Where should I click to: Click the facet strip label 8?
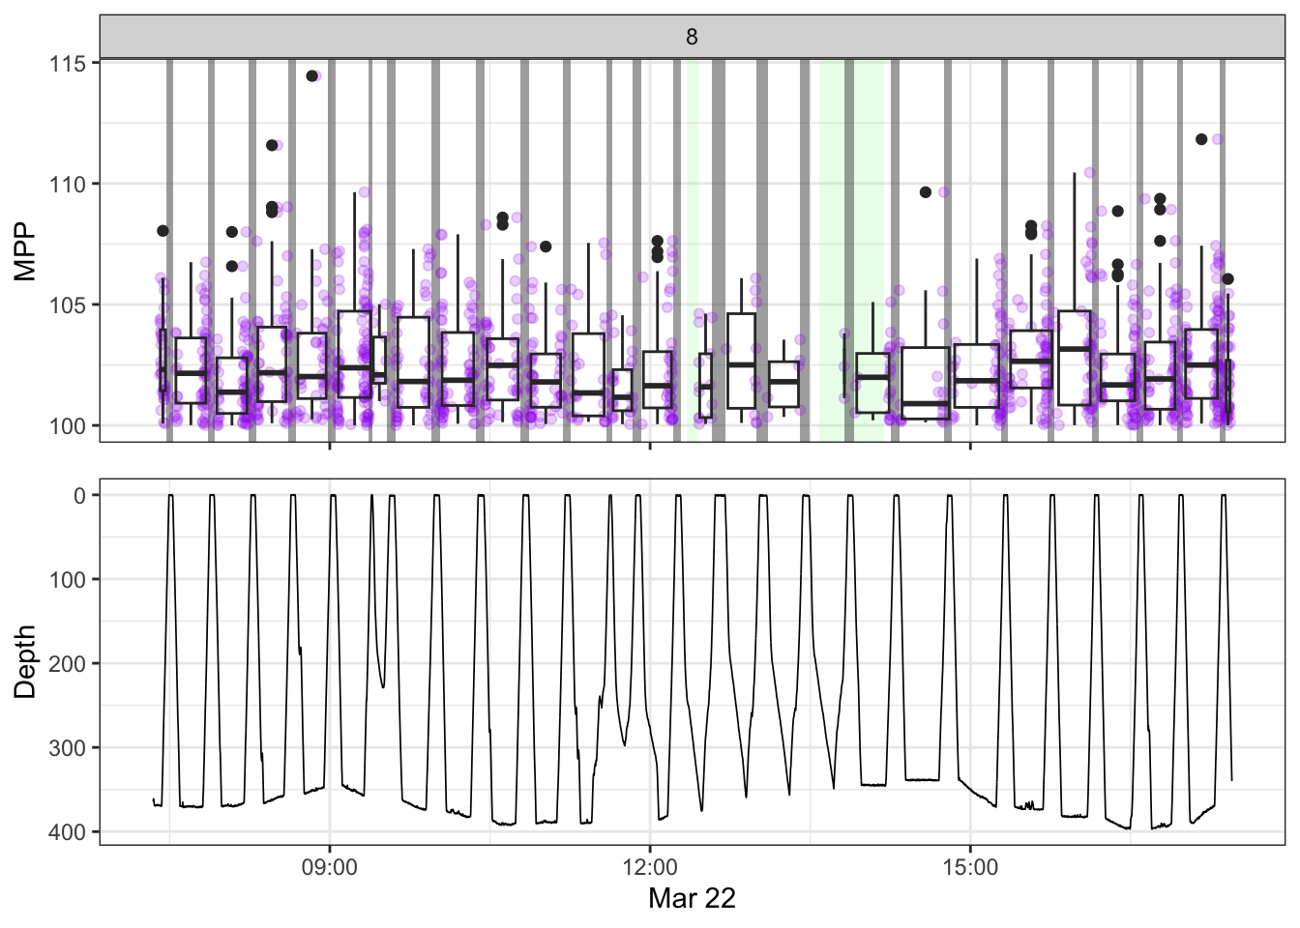pyautogui.click(x=692, y=37)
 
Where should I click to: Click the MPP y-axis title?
pyautogui.click(x=25, y=251)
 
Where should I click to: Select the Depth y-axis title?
pyautogui.click(x=25, y=661)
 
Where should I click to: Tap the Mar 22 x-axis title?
pyautogui.click(x=692, y=899)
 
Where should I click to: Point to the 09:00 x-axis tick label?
pyautogui.click(x=329, y=868)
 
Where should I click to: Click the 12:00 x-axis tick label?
pyautogui.click(x=649, y=868)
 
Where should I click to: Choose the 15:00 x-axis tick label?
pyautogui.click(x=970, y=868)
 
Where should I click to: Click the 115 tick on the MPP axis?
pyautogui.click(x=68, y=64)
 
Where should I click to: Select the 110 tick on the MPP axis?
pyautogui.click(x=68, y=185)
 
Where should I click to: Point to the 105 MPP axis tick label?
pyautogui.click(x=68, y=305)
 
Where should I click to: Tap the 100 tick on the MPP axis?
pyautogui.click(x=68, y=426)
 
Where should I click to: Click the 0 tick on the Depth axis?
pyautogui.click(x=80, y=496)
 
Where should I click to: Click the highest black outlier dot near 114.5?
pyautogui.click(x=312, y=76)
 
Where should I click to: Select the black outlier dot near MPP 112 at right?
pyautogui.click(x=1201, y=139)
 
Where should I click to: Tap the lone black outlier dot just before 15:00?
pyautogui.click(x=926, y=192)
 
